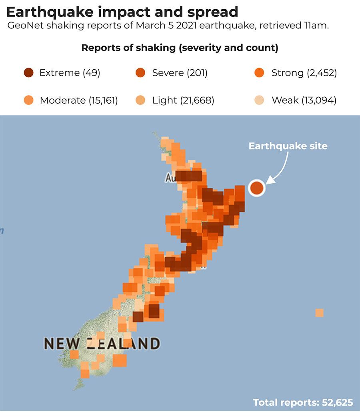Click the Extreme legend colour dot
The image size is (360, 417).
pos(28,73)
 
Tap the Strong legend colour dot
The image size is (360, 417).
pos(259,73)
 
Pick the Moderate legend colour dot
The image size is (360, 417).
pos(28,100)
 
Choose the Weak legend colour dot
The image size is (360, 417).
pos(259,100)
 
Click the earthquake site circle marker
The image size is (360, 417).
pos(256,188)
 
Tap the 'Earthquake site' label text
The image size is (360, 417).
pos(288,146)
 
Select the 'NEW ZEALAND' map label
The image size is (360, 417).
pos(102,343)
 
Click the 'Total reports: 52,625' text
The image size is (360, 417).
pos(303,402)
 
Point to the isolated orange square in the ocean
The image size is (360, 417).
pos(319,313)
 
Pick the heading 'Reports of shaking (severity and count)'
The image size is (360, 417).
pos(180,48)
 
